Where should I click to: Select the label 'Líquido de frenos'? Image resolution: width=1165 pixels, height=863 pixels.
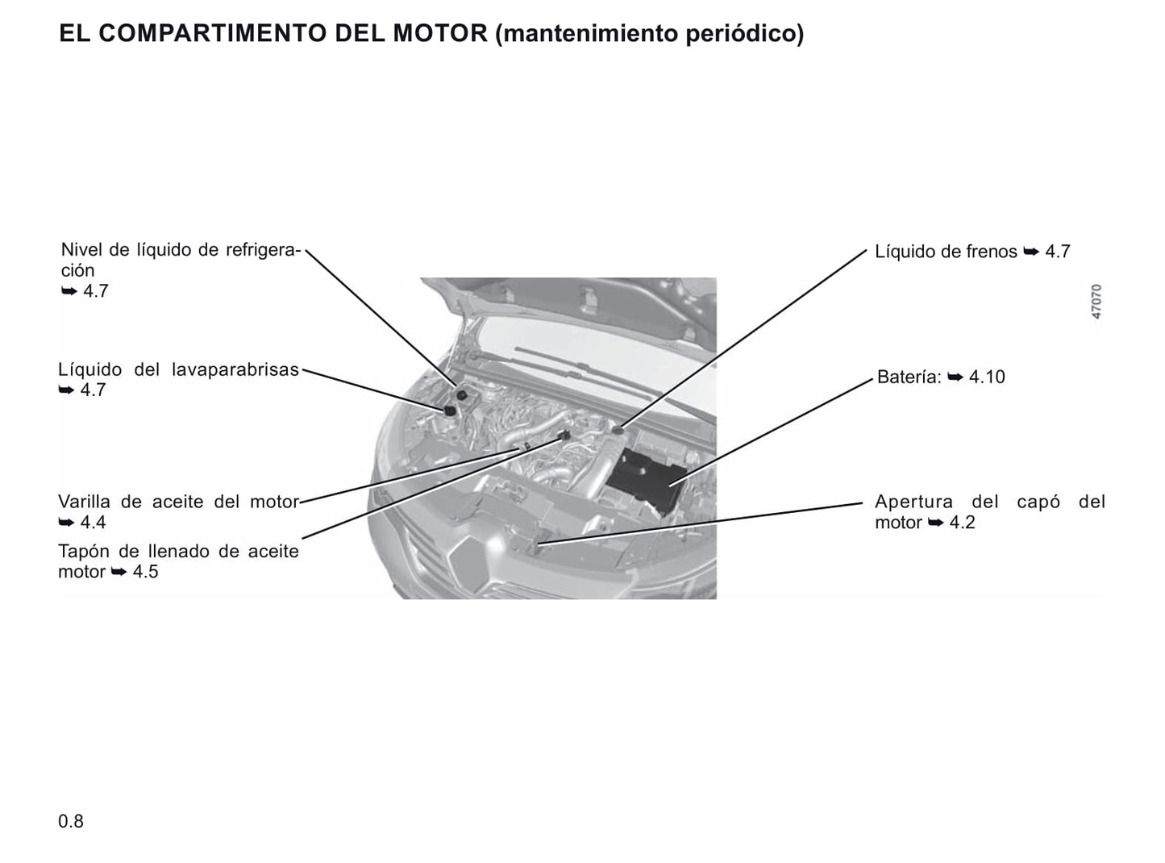pyautogui.click(x=946, y=252)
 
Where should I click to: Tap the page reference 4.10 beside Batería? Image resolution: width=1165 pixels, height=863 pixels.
pyautogui.click(x=987, y=377)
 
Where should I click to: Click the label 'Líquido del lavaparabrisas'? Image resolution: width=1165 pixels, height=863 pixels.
pyautogui.click(x=178, y=370)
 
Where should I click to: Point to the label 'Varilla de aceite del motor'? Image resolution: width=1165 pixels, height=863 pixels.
pyautogui.click(x=178, y=502)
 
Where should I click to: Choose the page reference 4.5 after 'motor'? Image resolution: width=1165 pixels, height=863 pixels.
pyautogui.click(x=145, y=572)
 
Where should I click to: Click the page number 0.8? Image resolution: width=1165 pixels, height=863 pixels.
pyautogui.click(x=71, y=821)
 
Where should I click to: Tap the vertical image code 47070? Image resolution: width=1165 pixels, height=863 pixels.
pyautogui.click(x=1096, y=302)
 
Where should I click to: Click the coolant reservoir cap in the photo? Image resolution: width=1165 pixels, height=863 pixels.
pyautogui.click(x=462, y=394)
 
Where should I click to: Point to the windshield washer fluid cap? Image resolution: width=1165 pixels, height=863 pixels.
pyautogui.click(x=448, y=410)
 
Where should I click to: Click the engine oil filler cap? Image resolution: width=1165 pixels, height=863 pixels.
pyautogui.click(x=564, y=436)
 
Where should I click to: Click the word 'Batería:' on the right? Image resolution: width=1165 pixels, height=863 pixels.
pyautogui.click(x=909, y=377)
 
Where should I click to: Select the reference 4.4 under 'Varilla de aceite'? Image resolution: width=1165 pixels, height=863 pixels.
pyautogui.click(x=93, y=523)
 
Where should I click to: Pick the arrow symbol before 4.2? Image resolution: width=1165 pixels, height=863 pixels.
pyautogui.click(x=935, y=523)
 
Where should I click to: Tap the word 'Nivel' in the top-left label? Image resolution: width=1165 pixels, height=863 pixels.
pyautogui.click(x=82, y=250)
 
